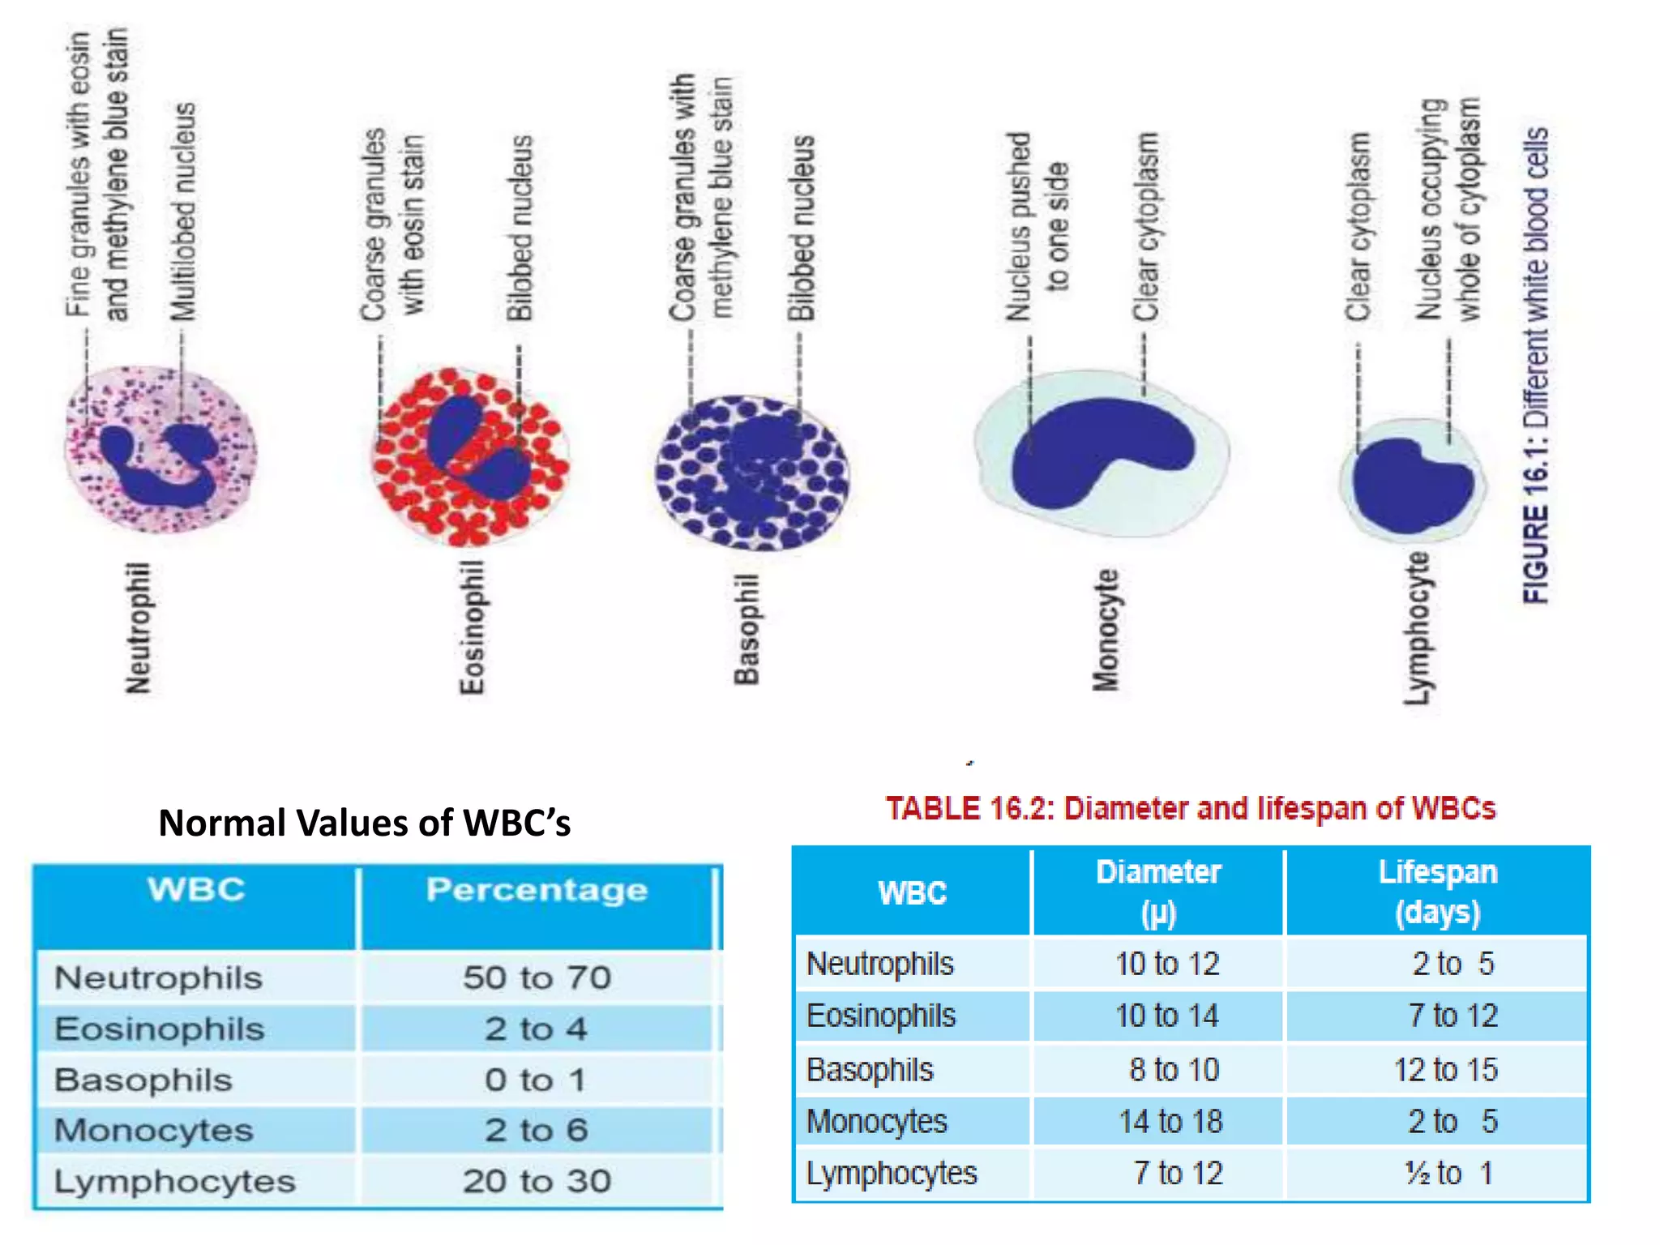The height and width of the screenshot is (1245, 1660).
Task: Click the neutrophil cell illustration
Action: pyautogui.click(x=160, y=451)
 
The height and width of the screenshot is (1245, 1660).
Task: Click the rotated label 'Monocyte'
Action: pyautogui.click(x=1106, y=631)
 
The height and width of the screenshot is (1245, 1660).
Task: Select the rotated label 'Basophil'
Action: pyautogui.click(x=747, y=629)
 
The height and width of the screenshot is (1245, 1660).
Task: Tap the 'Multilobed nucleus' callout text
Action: pyautogui.click(x=183, y=212)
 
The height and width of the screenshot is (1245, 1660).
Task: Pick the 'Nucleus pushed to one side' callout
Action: pyautogui.click(x=1037, y=227)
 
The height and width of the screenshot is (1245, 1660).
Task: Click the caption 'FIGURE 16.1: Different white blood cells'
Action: pyautogui.click(x=1536, y=365)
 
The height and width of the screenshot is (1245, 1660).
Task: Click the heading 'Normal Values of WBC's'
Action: pyautogui.click(x=364, y=823)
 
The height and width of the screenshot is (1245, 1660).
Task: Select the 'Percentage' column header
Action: pyautogui.click(x=537, y=890)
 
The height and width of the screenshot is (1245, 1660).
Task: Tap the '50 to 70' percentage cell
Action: pyautogui.click(x=537, y=978)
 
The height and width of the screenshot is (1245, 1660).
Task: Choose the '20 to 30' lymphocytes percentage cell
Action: pyautogui.click(x=537, y=1182)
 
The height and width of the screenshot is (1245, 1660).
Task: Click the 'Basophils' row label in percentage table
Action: pyautogui.click(x=143, y=1080)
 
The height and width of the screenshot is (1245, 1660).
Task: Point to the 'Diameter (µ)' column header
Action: pyautogui.click(x=1157, y=892)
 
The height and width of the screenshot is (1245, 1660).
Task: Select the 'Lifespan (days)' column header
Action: pyautogui.click(x=1437, y=892)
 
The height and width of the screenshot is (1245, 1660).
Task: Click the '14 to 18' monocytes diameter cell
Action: pyautogui.click(x=1170, y=1122)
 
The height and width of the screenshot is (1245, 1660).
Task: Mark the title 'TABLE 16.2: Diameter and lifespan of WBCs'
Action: pyautogui.click(x=1190, y=809)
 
